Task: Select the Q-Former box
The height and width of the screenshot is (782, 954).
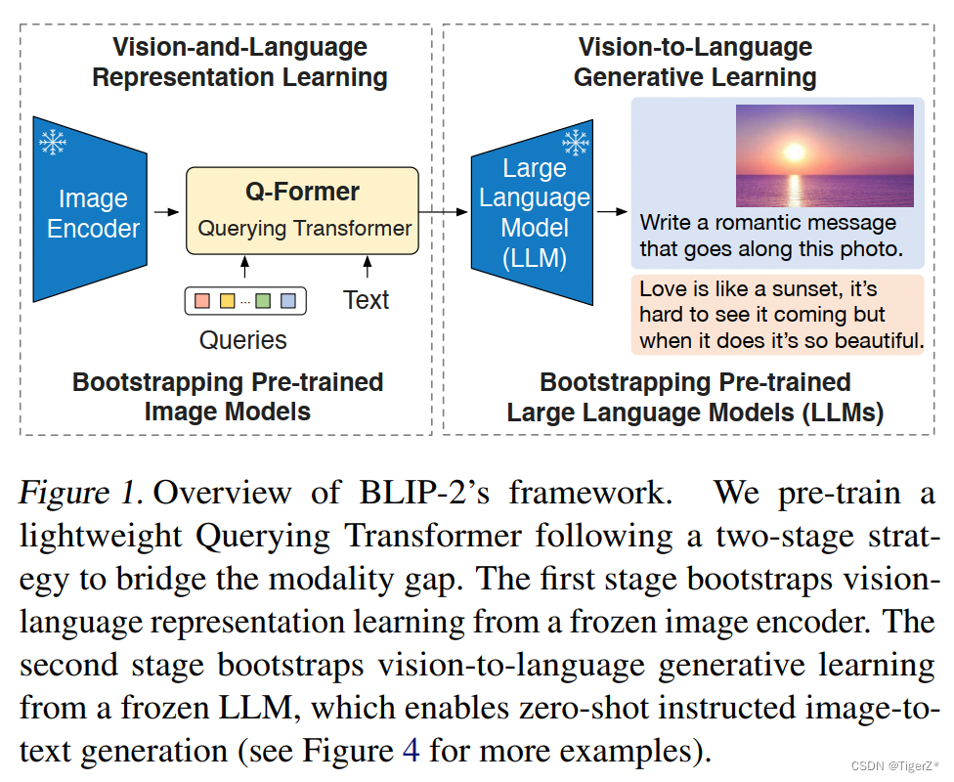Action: tap(302, 210)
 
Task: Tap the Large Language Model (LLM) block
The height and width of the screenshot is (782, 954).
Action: tap(532, 213)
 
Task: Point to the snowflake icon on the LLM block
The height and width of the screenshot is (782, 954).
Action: tap(576, 143)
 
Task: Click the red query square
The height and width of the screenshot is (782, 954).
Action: tap(202, 301)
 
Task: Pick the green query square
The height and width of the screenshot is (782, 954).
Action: tap(263, 301)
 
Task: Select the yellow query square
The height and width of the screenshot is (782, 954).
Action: tap(227, 301)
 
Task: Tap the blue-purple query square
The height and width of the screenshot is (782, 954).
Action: tap(287, 301)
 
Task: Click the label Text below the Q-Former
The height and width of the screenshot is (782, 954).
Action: tap(366, 300)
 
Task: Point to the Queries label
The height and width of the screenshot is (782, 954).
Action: tap(242, 340)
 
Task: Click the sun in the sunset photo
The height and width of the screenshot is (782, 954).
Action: tap(794, 153)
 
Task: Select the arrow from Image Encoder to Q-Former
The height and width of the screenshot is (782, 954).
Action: tap(166, 210)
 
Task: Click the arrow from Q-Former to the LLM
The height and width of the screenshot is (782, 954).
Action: tap(442, 210)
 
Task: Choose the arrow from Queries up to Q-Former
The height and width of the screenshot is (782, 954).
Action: tap(244, 266)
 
